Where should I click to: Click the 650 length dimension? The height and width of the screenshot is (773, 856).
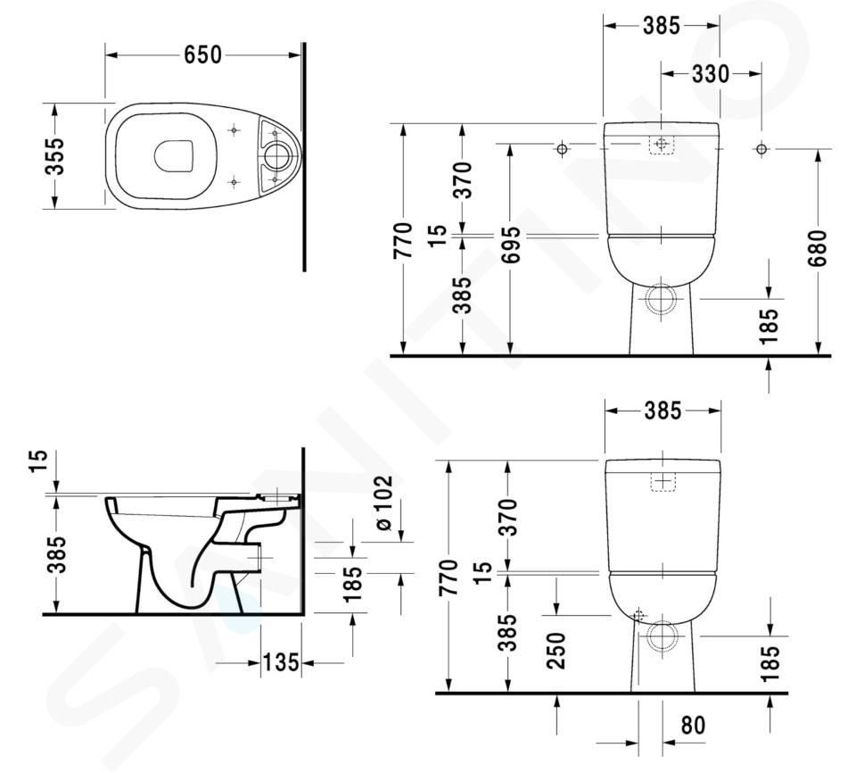(x=203, y=54)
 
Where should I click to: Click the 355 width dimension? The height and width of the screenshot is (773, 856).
(x=55, y=156)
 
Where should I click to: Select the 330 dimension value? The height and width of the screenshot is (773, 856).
(x=711, y=74)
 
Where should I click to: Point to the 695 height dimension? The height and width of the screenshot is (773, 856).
(x=512, y=245)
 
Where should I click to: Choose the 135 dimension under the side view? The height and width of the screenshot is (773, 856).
(x=281, y=662)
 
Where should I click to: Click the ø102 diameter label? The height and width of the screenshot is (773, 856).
(x=383, y=503)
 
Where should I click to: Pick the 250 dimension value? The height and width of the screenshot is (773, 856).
(x=556, y=651)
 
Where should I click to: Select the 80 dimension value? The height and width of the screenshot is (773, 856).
(x=694, y=726)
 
